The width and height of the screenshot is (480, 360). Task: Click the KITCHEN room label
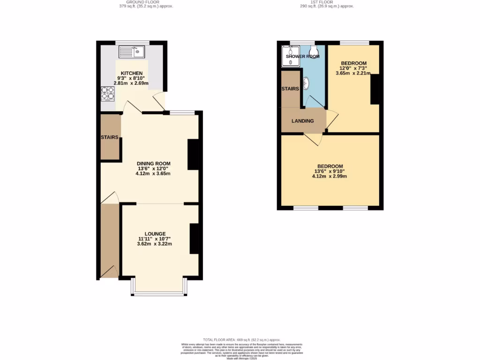[x=132, y=74]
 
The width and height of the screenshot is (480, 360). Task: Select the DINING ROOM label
[x=153, y=164]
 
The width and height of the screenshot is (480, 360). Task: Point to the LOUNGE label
[x=155, y=233]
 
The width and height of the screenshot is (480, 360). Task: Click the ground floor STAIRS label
[x=109, y=137]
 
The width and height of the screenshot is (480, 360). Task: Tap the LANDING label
[x=302, y=121]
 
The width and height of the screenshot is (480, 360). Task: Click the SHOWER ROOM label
[x=303, y=56]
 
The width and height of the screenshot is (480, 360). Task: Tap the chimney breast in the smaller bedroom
[x=375, y=89]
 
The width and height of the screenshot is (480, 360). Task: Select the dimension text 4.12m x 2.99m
[x=330, y=177]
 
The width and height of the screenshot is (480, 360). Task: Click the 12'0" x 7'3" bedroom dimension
[x=353, y=68]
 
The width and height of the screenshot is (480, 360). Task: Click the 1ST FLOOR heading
[x=327, y=2]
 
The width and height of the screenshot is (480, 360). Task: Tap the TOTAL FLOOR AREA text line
[x=241, y=340]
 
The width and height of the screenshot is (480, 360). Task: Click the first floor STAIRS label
[x=290, y=89]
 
